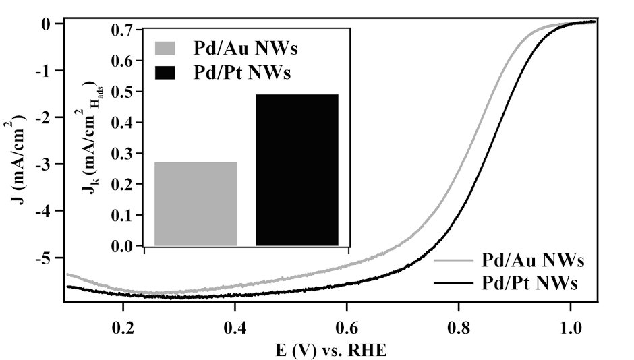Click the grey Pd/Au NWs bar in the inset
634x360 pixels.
(x=196, y=204)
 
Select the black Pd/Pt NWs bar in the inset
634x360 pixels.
(x=297, y=170)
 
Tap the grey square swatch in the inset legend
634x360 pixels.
(x=165, y=49)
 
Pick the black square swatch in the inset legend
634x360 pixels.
(x=165, y=72)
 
